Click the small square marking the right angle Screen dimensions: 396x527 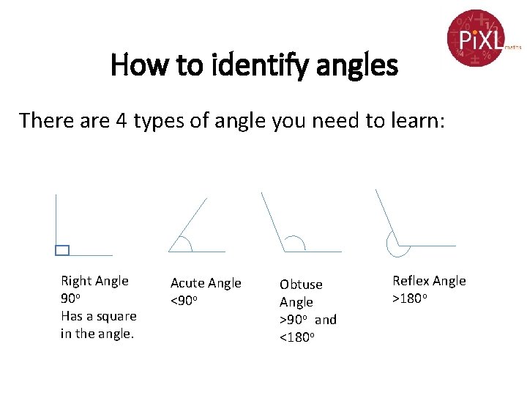62,250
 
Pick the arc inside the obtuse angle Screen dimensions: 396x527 296,241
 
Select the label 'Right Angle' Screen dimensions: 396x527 94,281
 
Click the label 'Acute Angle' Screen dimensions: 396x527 206,283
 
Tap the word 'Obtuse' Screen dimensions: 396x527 301,284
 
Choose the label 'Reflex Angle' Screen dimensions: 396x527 429,281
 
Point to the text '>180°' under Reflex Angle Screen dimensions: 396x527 409,298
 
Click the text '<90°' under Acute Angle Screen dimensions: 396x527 184,301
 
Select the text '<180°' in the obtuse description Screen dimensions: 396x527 296,337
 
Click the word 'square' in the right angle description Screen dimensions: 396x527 115,316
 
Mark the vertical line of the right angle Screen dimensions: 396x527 56,220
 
